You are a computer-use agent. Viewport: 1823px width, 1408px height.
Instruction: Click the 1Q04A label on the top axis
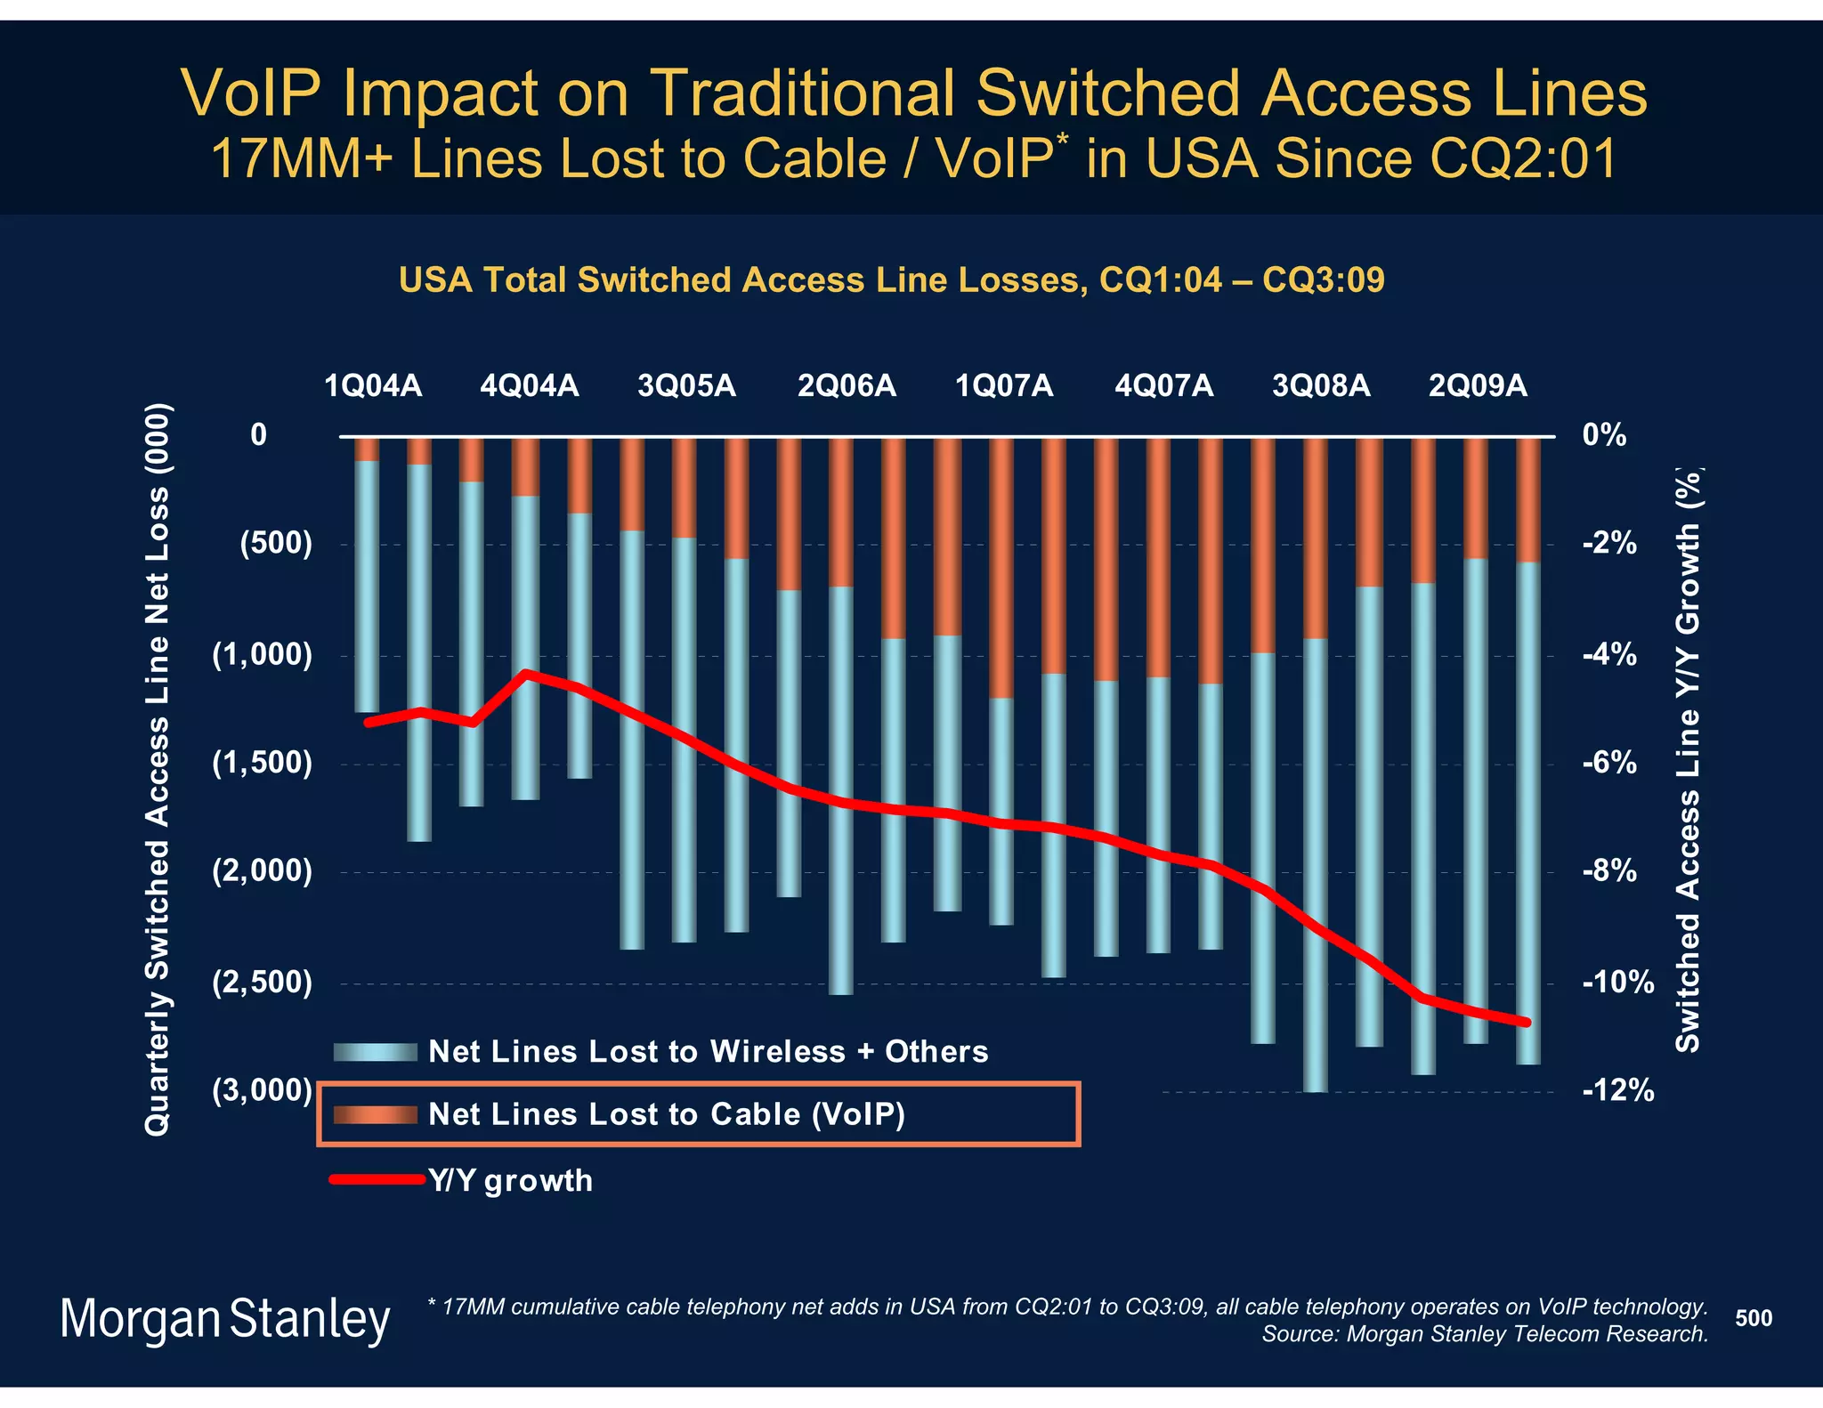373,386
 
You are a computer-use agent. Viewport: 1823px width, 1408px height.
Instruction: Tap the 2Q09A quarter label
1478,386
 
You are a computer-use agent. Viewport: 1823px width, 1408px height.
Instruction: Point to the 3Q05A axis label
686,386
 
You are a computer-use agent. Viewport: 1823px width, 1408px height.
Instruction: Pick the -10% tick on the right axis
1617,983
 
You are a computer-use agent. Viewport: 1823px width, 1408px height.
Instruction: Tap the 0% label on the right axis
1604,435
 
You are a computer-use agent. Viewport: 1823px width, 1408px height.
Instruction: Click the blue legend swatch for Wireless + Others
375,1052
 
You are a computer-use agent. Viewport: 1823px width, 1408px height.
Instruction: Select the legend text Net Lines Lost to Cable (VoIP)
666,1114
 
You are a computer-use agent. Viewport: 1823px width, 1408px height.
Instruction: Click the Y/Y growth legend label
510,1180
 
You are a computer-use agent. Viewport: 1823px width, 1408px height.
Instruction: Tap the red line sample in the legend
377,1179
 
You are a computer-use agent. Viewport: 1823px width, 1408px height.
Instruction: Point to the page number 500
1753,1318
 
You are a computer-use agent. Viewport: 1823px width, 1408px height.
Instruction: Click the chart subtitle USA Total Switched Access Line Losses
891,280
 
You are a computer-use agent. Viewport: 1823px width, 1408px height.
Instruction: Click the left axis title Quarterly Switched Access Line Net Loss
158,769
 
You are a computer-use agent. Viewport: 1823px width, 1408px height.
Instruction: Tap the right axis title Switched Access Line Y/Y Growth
1688,760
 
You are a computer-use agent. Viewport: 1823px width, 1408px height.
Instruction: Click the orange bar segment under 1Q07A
1001,568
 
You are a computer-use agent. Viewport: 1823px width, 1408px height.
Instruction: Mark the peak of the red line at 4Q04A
526,674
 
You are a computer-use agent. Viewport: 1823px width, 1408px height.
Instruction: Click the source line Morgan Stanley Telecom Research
1484,1334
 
